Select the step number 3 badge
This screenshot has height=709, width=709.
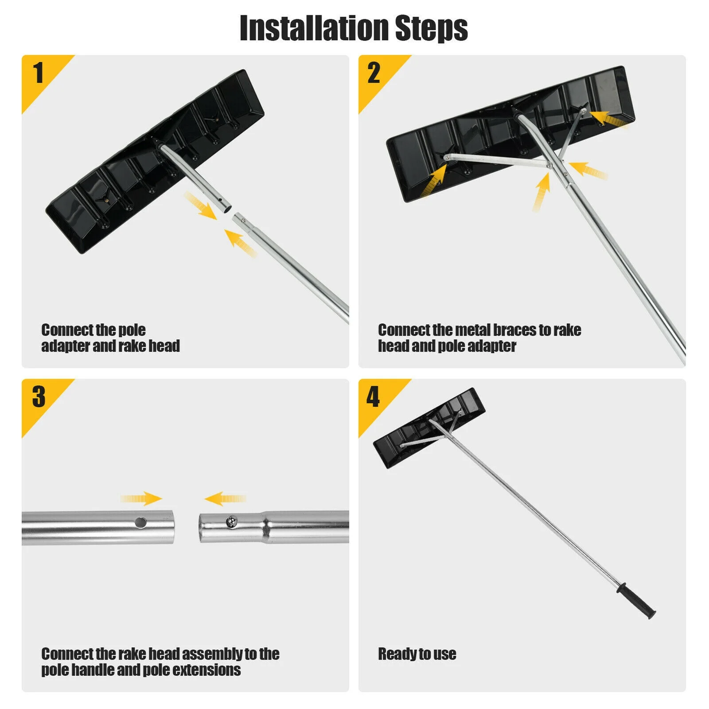point(39,396)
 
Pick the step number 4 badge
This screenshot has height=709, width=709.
point(374,396)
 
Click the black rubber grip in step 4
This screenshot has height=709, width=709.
point(635,602)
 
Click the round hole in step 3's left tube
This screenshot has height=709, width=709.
point(141,522)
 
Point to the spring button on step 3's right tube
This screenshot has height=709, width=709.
point(231,522)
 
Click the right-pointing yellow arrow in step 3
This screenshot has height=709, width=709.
point(142,499)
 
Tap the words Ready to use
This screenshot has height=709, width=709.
point(417,654)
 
